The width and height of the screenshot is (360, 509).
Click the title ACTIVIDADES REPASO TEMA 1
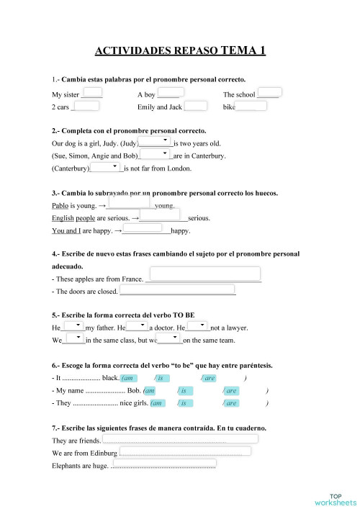tap(180, 51)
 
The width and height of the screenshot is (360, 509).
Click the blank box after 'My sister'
tap(93, 92)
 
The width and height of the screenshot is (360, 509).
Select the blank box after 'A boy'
tap(171, 92)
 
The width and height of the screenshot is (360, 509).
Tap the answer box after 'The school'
tap(269, 92)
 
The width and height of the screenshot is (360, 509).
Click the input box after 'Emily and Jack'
tap(196, 106)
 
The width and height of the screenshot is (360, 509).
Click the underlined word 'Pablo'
tap(60, 205)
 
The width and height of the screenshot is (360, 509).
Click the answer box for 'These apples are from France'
tap(202, 274)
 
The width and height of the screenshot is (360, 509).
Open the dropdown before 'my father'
tap(73, 326)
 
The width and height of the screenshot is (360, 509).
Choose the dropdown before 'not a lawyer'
tap(197, 326)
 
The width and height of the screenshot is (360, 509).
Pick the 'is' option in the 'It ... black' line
tap(163, 378)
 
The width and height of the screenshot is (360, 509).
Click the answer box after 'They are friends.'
tap(180, 438)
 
